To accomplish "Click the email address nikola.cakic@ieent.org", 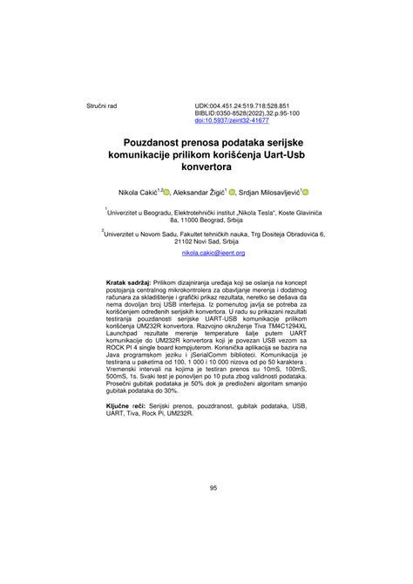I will (x=213, y=253).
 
